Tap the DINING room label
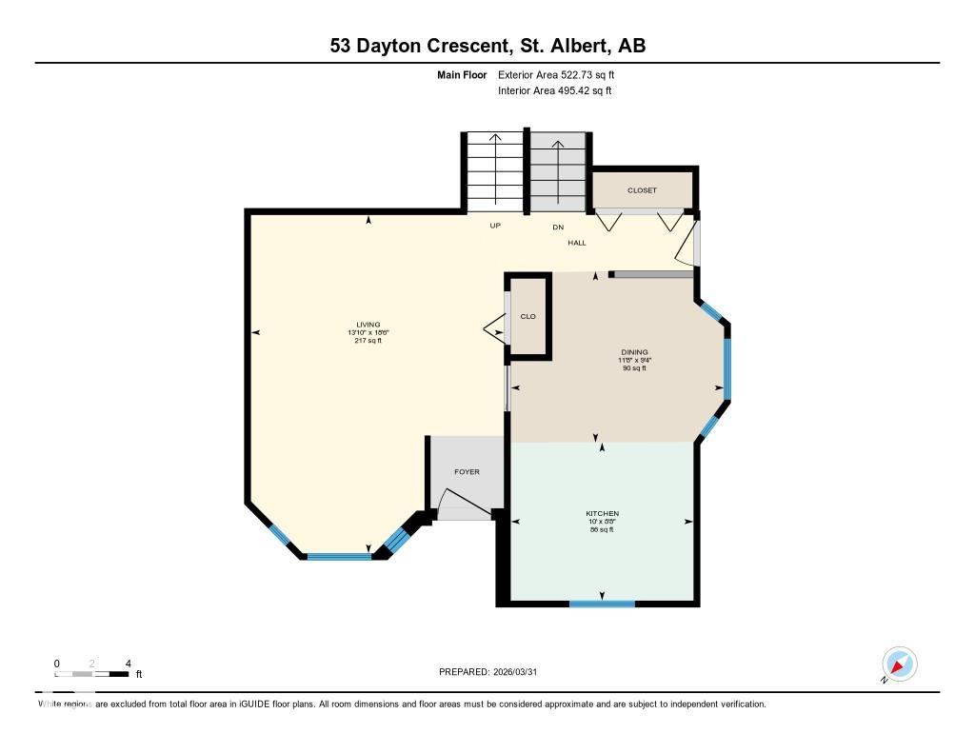tap(633, 352)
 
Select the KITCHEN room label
tap(602, 514)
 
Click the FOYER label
tap(467, 472)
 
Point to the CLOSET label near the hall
tap(642, 190)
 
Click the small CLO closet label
tap(528, 316)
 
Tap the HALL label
tap(577, 243)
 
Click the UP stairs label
tap(495, 226)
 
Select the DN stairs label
tap(558, 227)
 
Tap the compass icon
tap(899, 664)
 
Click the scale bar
tap(92, 674)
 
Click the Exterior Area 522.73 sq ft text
tap(563, 74)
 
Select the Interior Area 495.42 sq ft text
tap(554, 91)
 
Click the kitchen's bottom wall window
tap(602, 603)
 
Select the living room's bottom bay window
tap(339, 556)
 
